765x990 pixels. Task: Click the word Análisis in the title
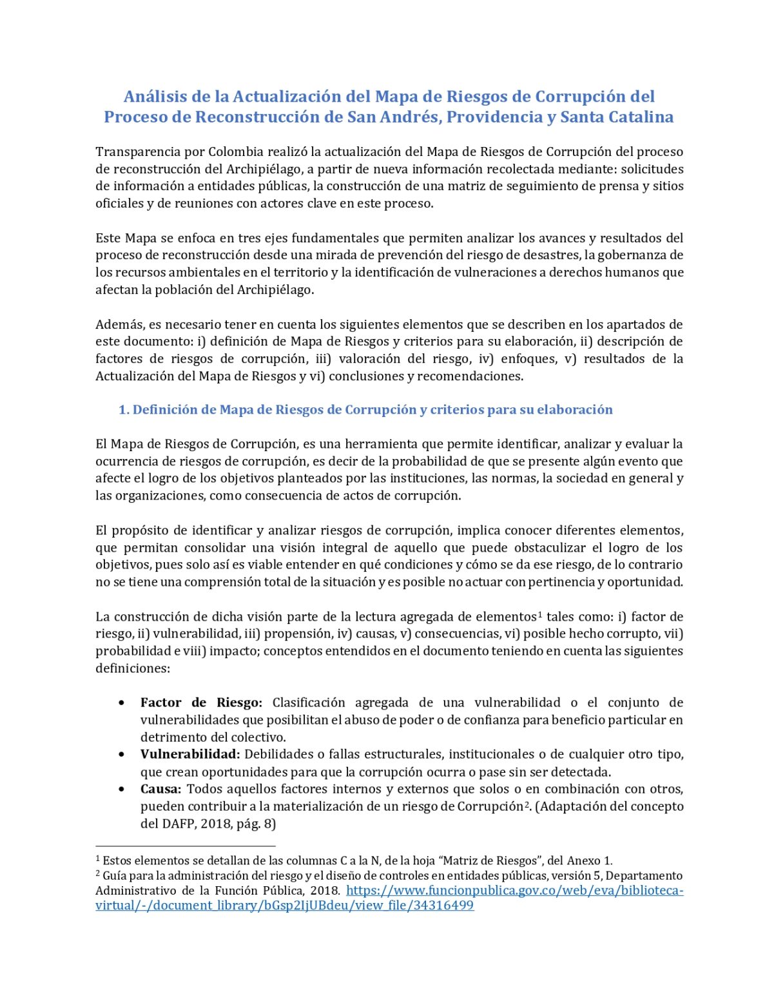154,97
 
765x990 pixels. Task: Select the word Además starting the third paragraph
119,324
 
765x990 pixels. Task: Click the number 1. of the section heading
124,410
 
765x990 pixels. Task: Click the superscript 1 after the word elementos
540,614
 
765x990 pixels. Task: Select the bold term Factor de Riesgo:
201,703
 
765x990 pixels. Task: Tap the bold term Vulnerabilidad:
190,754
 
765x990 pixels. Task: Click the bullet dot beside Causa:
122,789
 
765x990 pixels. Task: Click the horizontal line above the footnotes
186,846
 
